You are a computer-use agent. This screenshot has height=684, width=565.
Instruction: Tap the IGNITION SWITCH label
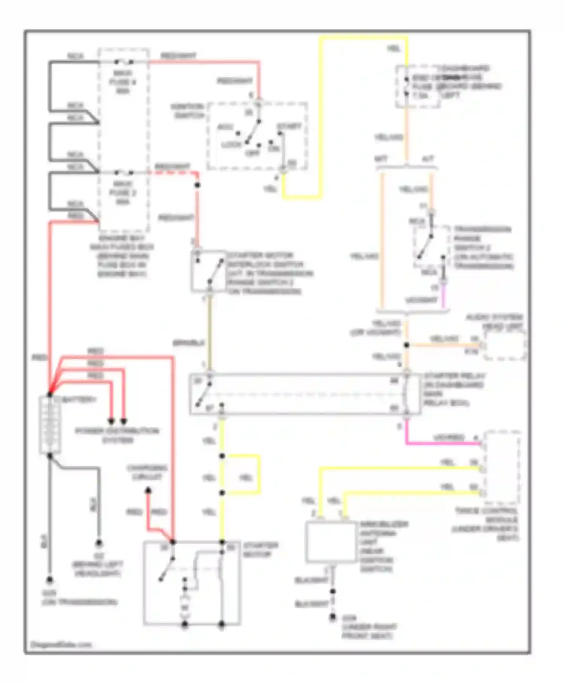coord(187,111)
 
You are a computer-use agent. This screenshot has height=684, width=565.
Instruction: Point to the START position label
coord(289,126)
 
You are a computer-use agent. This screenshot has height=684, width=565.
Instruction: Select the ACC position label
coord(225,127)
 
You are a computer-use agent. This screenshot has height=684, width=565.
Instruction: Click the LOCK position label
coord(231,144)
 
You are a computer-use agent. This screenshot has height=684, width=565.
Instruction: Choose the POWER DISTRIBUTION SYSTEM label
coord(117,435)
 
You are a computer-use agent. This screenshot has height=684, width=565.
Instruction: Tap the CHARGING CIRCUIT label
coord(147,472)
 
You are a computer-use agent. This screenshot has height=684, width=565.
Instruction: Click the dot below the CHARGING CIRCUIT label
coord(148,491)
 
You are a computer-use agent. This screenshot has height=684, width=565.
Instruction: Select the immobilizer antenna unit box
coord(330,542)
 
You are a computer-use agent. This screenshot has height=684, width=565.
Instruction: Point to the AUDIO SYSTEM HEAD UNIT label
coord(494,321)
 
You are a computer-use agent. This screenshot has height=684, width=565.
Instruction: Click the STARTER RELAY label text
coord(453,390)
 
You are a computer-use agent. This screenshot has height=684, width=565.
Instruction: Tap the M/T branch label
coord(381,159)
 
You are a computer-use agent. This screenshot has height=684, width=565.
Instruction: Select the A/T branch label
coord(428,159)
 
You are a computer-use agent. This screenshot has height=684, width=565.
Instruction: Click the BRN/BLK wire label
coord(188,343)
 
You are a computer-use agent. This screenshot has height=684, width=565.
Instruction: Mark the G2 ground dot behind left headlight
coord(99,543)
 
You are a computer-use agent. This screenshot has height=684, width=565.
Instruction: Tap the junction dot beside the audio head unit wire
coord(406,345)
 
